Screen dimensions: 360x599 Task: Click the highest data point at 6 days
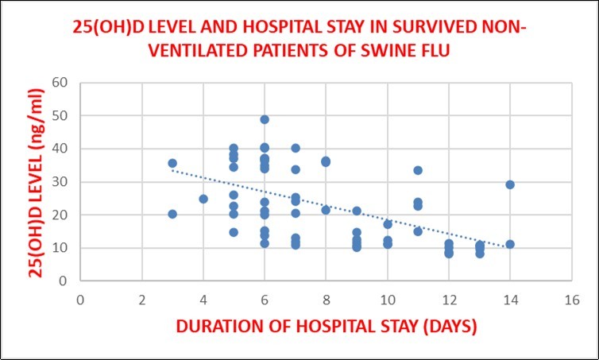point(265,119)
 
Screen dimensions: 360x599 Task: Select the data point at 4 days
point(203,199)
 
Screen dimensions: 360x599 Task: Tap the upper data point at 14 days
point(510,184)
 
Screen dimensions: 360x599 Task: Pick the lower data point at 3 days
point(172,214)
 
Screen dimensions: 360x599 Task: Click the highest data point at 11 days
point(418,170)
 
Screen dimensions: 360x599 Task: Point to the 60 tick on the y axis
point(62,83)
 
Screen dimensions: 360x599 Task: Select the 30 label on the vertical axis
point(62,182)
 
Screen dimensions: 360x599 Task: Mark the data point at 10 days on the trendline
point(388,224)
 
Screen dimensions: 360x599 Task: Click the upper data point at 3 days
point(172,163)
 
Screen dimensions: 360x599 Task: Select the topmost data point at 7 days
point(296,148)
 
